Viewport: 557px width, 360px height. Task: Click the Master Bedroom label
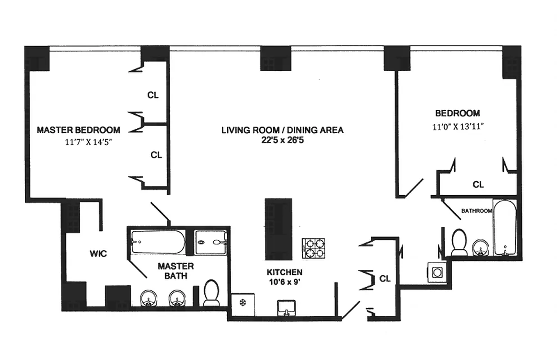point(78,130)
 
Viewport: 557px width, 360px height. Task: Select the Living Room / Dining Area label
point(282,130)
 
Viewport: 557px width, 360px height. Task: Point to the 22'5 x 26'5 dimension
point(282,140)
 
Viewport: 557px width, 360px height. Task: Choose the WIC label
point(98,254)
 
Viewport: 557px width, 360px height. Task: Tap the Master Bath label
point(175,271)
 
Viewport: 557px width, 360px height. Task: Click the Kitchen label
point(284,272)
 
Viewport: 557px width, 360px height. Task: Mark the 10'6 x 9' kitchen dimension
point(284,283)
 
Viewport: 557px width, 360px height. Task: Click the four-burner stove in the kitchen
point(313,248)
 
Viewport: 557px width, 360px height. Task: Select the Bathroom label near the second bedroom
point(476,211)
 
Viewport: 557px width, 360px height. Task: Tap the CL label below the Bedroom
point(478,184)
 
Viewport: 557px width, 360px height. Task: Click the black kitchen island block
point(278,229)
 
